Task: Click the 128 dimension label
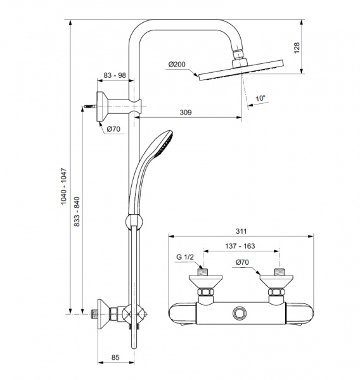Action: [x=297, y=47]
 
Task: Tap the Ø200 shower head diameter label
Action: [x=177, y=65]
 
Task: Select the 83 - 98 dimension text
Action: [x=115, y=75]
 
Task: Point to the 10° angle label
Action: [x=260, y=98]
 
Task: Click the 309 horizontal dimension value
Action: [x=186, y=113]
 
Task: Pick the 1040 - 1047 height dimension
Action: [x=63, y=186]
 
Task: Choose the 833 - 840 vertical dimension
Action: [x=77, y=212]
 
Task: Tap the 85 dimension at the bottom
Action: [x=115, y=357]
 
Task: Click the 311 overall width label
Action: [x=241, y=231]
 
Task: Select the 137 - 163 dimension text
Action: [x=240, y=246]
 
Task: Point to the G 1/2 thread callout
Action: [x=185, y=257]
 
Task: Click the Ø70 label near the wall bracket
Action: [x=113, y=129]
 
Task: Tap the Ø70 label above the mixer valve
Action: [x=242, y=262]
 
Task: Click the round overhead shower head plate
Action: [x=241, y=70]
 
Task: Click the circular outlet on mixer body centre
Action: [x=240, y=313]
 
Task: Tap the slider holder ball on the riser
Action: [x=134, y=221]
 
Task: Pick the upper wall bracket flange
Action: [x=102, y=106]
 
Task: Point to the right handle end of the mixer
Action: [x=300, y=313]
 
